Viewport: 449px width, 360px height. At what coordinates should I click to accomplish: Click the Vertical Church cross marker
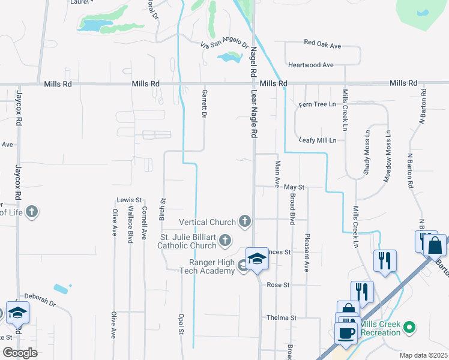click(244, 222)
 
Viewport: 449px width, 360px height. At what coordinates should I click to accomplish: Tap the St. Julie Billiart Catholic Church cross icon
click(225, 241)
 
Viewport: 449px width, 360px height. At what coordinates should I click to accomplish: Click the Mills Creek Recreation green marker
click(409, 328)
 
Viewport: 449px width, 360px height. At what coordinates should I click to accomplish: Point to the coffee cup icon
click(346, 333)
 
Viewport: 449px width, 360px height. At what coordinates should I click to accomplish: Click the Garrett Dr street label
click(205, 103)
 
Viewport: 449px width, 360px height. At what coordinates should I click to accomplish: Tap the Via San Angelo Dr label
click(224, 44)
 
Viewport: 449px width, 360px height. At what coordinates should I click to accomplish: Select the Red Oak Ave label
click(322, 45)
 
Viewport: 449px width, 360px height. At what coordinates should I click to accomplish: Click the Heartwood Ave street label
click(310, 65)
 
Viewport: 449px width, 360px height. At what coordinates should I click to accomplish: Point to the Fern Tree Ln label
click(318, 105)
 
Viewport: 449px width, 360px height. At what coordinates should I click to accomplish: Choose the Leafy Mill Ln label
click(318, 140)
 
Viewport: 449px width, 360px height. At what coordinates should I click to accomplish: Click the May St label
click(295, 188)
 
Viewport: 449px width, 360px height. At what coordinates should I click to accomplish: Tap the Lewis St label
click(129, 200)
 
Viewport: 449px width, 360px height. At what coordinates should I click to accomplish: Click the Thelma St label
click(282, 317)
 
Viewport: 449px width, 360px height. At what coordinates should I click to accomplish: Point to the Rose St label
click(278, 285)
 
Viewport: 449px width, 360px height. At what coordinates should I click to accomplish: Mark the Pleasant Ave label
click(307, 253)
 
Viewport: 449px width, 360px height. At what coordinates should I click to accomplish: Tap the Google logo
click(20, 353)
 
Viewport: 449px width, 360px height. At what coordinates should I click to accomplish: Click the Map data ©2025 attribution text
click(423, 355)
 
